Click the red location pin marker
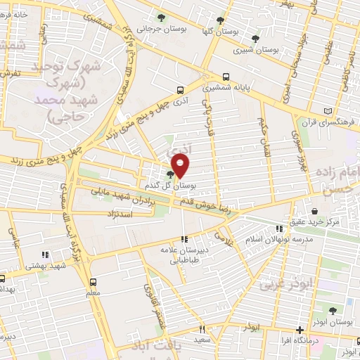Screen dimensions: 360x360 pyautogui.click(x=181, y=166)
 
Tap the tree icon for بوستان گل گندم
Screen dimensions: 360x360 pyautogui.click(x=171, y=174)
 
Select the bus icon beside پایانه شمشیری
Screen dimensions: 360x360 pyautogui.click(x=226, y=77)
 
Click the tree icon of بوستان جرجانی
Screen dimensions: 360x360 pyautogui.click(x=163, y=18)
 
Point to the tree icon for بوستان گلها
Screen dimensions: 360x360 pyautogui.click(x=220, y=20)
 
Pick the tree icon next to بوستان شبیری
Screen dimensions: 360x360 pyautogui.click(x=255, y=39)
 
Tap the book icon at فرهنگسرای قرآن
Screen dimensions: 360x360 pyautogui.click(x=328, y=111)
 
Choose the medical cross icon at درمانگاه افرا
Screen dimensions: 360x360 pyautogui.click(x=300, y=330)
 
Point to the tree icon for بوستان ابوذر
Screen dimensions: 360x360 pyautogui.click(x=332, y=310)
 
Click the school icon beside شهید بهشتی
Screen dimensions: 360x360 pyautogui.click(x=45, y=255)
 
